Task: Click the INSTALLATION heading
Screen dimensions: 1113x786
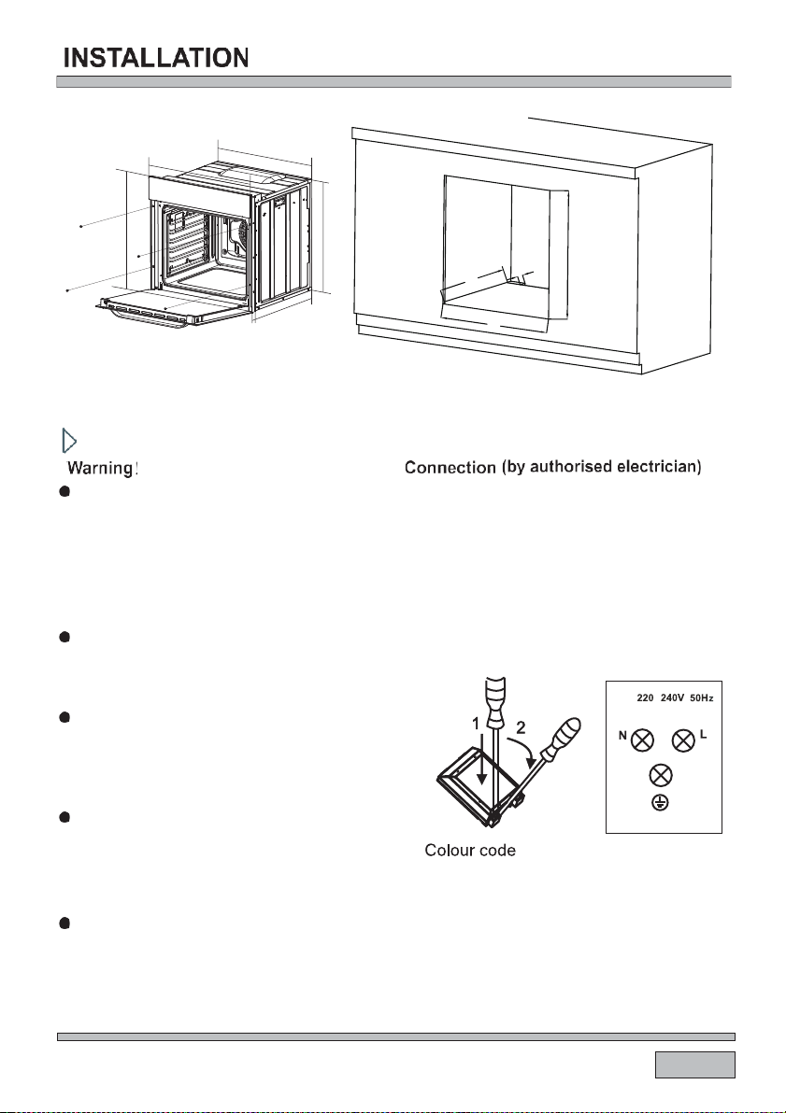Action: (156, 58)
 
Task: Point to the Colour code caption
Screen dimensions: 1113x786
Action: (470, 852)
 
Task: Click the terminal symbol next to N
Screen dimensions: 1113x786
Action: (642, 741)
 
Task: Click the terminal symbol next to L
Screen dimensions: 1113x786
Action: (684, 741)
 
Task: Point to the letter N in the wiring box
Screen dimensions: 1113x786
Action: (620, 737)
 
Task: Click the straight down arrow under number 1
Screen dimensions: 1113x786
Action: (482, 756)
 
